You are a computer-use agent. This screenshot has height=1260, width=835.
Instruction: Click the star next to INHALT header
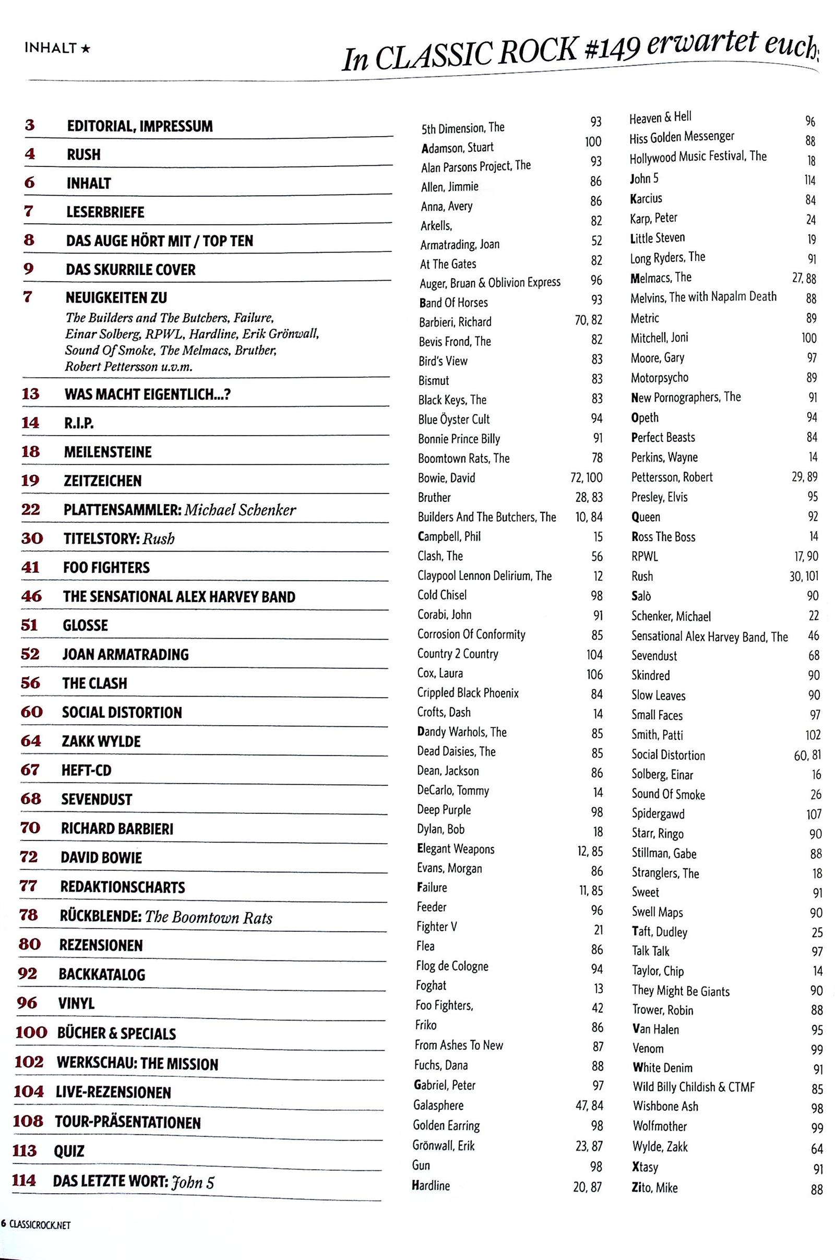coord(86,49)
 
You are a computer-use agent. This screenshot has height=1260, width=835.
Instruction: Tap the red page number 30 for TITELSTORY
coord(32,538)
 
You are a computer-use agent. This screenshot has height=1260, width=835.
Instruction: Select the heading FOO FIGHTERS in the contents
coord(106,568)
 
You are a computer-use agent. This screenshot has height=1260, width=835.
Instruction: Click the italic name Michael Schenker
coord(240,509)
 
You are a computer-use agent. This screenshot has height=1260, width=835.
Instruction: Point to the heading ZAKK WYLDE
coord(101,741)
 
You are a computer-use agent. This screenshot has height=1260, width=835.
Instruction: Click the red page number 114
coord(25,1180)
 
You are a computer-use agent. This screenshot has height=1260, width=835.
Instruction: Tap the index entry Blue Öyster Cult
coord(454,419)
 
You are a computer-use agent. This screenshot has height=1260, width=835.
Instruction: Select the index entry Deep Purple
coord(444,810)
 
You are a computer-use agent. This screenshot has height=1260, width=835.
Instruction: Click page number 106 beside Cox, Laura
coord(594,674)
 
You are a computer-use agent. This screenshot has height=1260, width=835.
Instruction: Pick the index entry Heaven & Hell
coord(660,117)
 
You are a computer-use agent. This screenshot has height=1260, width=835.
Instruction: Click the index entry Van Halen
coord(655,1029)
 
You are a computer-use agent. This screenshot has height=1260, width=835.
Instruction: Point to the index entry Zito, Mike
coord(654,1187)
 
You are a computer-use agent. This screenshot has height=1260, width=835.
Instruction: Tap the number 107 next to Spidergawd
coord(814,814)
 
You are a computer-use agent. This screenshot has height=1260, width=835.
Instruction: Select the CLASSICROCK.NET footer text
coord(40,1225)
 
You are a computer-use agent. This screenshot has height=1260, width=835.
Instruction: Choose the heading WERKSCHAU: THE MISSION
coord(137,1064)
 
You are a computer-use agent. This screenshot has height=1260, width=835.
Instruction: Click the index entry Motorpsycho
coord(659,378)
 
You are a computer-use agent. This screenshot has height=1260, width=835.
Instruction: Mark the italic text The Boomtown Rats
coord(209,917)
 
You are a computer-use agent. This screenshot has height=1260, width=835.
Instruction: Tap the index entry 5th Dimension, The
coord(463,128)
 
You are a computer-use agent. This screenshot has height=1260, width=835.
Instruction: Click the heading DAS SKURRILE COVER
coord(130,269)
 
